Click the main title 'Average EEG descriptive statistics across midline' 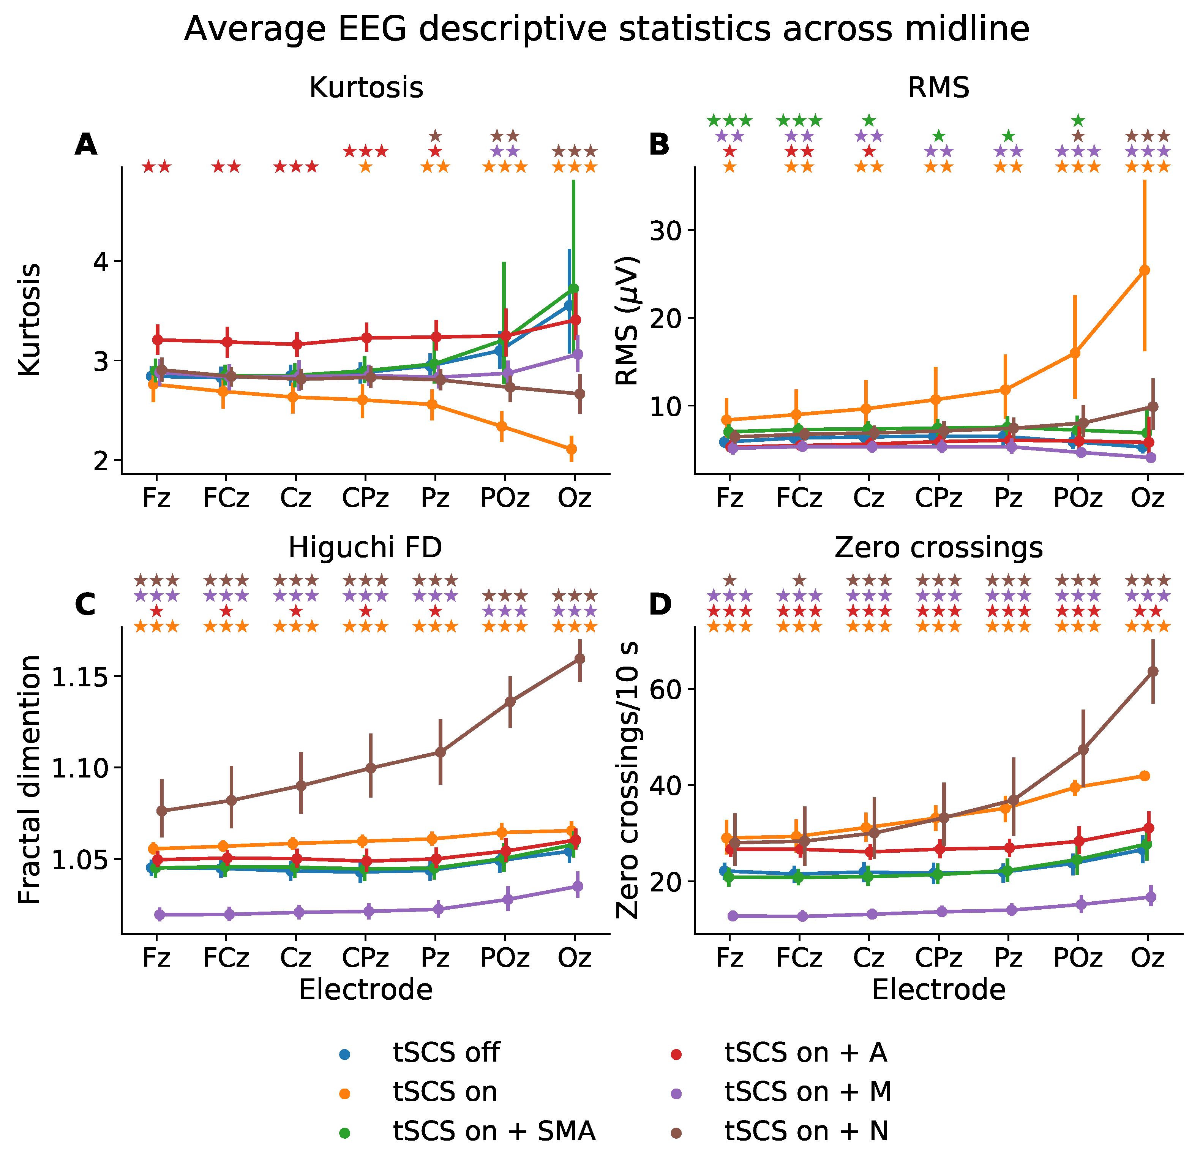(606, 29)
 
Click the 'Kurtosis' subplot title (366, 88)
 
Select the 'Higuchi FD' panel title (366, 548)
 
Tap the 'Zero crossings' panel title (939, 548)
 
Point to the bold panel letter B (659, 145)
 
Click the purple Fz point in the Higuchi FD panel (160, 914)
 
